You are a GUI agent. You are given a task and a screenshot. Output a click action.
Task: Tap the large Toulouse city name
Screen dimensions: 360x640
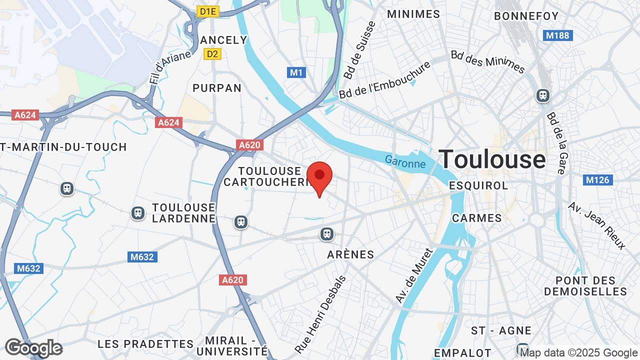click(492, 159)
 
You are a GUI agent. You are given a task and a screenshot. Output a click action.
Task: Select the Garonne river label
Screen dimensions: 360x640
click(405, 161)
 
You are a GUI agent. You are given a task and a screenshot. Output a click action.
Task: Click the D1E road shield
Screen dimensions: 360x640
click(208, 11)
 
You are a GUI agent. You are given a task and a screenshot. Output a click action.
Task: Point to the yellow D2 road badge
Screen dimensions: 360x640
click(212, 53)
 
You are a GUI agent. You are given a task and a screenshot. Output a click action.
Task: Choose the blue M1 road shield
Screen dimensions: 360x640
click(297, 72)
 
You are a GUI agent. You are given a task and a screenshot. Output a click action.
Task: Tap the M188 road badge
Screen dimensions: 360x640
click(557, 35)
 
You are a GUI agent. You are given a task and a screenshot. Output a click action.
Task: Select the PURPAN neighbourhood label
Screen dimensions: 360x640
click(217, 88)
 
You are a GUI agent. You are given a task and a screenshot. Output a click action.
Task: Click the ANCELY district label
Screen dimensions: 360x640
click(223, 40)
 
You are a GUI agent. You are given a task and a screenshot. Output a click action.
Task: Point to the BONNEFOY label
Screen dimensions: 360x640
click(526, 16)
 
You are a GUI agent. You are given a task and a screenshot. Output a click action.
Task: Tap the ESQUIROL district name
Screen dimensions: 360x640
click(478, 185)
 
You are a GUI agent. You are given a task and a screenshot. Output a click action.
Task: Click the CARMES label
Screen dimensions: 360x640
click(476, 218)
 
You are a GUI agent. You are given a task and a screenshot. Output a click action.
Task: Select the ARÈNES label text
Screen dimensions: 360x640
click(350, 254)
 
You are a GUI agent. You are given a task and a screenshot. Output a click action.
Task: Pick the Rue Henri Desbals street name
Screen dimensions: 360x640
click(320, 314)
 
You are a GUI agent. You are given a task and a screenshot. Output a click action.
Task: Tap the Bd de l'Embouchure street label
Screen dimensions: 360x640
click(385, 80)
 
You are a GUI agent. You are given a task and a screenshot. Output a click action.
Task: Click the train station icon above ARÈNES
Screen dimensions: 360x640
click(327, 233)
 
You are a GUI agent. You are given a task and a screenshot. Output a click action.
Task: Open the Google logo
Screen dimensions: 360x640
click(33, 348)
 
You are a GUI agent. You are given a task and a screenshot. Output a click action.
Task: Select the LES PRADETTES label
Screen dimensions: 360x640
click(145, 344)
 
